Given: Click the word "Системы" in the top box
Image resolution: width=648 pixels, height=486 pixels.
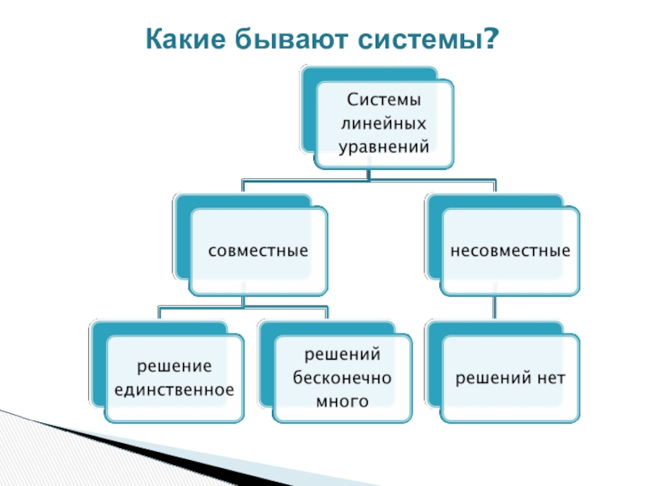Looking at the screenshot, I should click(384, 100).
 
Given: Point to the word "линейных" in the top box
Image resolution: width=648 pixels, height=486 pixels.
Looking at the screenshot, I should click(384, 124).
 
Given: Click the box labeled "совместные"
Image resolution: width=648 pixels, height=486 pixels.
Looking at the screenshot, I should click(258, 251).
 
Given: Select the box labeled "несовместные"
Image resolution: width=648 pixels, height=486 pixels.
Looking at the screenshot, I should click(510, 251).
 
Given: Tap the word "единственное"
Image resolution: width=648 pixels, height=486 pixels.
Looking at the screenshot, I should click(174, 390).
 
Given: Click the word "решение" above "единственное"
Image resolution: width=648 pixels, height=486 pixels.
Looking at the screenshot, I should click(174, 367).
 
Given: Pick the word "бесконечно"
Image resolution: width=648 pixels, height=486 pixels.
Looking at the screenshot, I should click(343, 378).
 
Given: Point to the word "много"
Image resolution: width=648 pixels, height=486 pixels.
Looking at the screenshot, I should click(343, 401).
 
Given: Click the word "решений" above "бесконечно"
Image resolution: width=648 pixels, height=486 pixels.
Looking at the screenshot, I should click(343, 356).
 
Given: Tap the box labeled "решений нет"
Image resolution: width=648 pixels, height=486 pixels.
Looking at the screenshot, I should click(510, 378).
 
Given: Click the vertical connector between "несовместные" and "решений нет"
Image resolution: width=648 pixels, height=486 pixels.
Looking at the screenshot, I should click(494, 308).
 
